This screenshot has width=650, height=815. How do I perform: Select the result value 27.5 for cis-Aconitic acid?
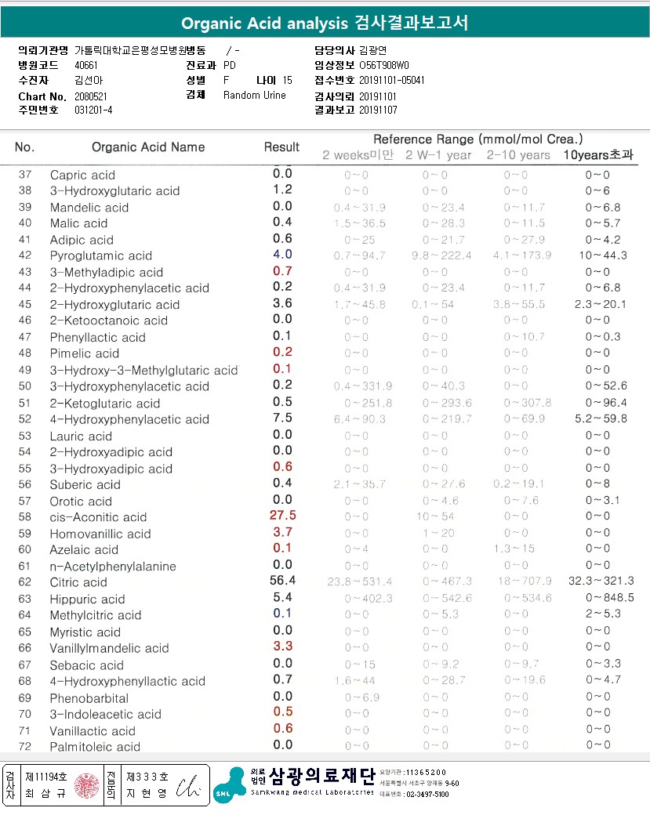click(x=282, y=516)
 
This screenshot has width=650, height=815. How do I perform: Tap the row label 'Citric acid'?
click(x=78, y=582)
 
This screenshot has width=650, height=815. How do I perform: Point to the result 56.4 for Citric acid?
click(x=282, y=581)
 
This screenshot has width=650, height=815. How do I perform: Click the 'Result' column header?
click(x=281, y=147)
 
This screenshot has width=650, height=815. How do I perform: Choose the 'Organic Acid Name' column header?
click(x=148, y=147)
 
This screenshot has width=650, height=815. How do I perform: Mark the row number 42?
click(x=25, y=255)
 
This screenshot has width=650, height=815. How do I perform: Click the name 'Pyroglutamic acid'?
click(x=101, y=255)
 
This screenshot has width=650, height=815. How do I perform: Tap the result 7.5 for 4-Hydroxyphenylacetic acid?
click(x=282, y=418)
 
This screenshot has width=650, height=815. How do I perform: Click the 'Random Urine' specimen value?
click(x=255, y=95)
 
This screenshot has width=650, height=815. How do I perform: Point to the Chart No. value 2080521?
click(x=91, y=96)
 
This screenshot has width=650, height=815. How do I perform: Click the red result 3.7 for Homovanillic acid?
click(x=282, y=532)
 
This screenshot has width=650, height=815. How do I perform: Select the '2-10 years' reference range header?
click(x=517, y=154)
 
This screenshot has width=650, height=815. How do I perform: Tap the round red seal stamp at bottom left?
click(x=87, y=786)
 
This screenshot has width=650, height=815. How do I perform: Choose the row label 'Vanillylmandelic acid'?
click(x=110, y=648)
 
